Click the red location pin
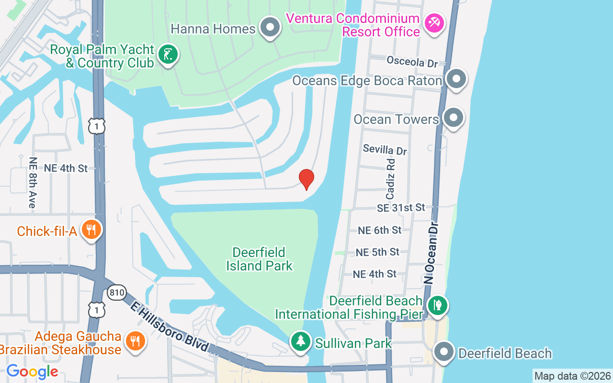click(306, 179)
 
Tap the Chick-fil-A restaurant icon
click(91, 230)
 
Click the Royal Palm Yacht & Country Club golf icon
click(168, 55)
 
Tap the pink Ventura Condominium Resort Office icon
click(435, 23)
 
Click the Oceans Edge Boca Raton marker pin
click(456, 79)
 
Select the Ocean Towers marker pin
click(453, 117)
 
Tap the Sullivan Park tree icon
click(300, 341)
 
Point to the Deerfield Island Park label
click(259, 259)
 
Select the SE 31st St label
click(401, 207)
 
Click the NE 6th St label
click(380, 230)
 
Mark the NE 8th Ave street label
click(33, 182)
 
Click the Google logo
click(32, 372)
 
